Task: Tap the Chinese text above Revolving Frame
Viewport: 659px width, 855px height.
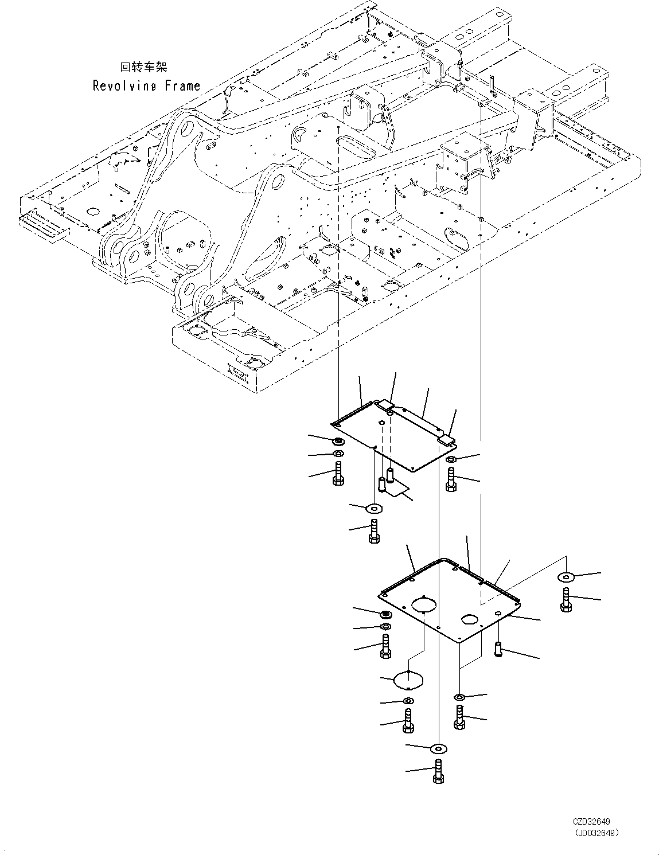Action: click(143, 67)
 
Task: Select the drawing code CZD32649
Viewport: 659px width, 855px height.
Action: click(591, 822)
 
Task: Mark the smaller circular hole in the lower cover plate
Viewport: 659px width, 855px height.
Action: click(470, 619)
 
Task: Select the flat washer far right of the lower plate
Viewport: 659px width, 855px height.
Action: click(567, 577)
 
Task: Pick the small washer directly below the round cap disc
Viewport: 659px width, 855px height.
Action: click(408, 701)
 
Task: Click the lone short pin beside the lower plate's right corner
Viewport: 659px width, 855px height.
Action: click(499, 649)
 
